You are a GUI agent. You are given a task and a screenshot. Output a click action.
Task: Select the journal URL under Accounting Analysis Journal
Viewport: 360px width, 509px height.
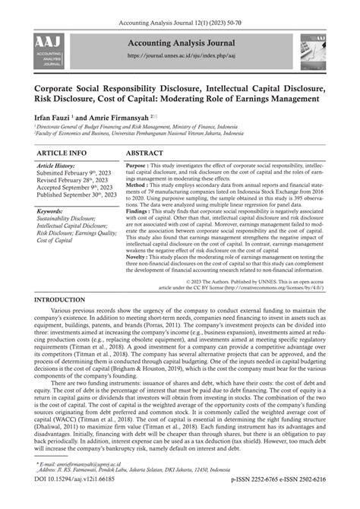(x=178, y=55)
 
